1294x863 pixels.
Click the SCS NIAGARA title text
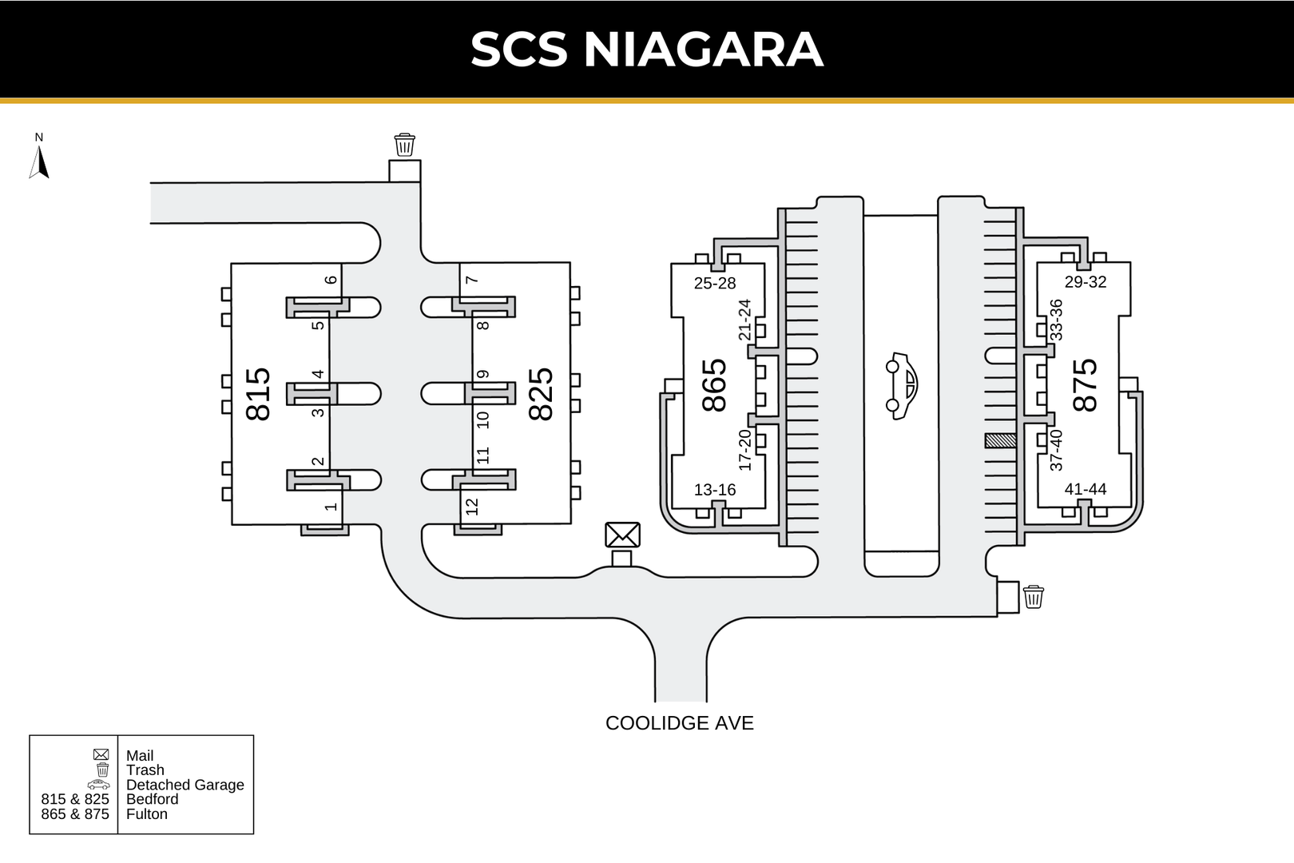646,50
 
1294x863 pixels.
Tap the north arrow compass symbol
39,159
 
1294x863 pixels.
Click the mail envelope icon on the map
622,535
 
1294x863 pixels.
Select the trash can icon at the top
405,145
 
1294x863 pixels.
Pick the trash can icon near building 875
1033,596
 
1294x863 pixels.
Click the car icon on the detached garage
901,385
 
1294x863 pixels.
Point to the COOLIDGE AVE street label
679,723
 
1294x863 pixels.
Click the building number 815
259,394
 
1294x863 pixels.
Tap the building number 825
542,394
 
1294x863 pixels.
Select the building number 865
715,385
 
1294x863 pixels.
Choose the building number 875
1086,385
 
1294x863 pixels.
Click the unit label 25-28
715,283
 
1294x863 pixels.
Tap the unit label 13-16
715,490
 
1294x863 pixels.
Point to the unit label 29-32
1086,281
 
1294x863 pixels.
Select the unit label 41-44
1086,489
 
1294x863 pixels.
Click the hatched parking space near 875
1000,440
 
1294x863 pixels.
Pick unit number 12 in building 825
472,507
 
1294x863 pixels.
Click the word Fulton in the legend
147,814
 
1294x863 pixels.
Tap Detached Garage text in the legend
185,785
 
